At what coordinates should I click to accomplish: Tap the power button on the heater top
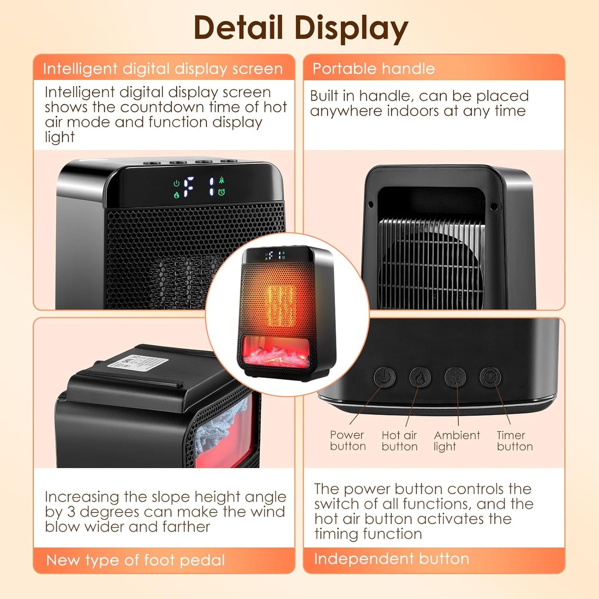384,378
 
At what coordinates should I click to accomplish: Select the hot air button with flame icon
420,378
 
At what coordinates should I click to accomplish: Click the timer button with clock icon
490,377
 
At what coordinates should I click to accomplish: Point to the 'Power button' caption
348,441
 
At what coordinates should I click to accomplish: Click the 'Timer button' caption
515,441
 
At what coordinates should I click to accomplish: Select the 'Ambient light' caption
457,441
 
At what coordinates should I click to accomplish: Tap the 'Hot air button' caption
400,441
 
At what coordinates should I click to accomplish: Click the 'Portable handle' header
373,68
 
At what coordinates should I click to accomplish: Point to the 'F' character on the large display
188,187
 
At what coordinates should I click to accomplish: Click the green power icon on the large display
176,183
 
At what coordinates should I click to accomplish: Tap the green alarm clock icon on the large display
221,192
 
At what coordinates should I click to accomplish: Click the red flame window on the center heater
276,351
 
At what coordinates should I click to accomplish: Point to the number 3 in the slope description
71,512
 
